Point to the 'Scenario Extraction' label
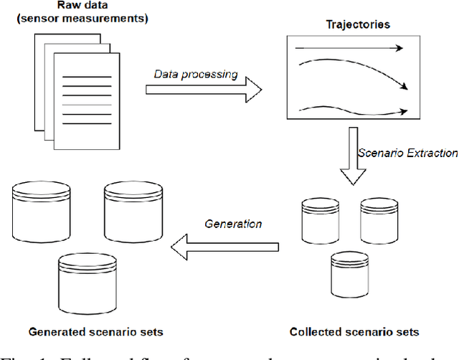(407, 153)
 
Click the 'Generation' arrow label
(233, 223)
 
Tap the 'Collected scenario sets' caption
(354, 332)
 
